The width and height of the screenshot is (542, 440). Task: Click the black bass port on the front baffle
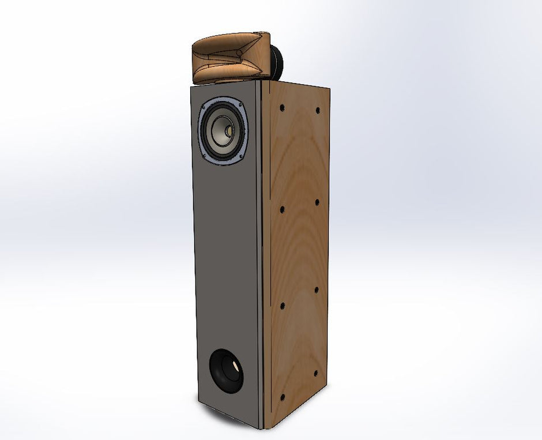[x=226, y=371]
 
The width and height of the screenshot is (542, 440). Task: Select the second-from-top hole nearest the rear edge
[x=317, y=202]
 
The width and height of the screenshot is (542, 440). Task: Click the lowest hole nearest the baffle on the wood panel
[x=282, y=397]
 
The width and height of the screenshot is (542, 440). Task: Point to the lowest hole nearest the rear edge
[x=315, y=373]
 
